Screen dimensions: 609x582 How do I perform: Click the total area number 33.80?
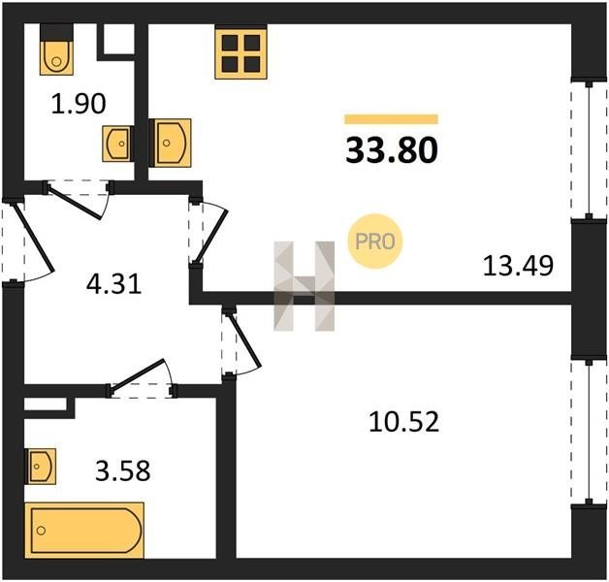point(392,150)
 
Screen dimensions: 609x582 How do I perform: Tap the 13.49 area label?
point(518,267)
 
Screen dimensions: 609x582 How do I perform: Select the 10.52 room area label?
point(404,422)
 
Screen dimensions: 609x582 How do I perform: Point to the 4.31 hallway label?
point(113,284)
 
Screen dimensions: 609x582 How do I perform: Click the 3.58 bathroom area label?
point(123,470)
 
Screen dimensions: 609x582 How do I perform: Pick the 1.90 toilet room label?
point(79,104)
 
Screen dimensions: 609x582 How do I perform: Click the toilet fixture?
point(56,49)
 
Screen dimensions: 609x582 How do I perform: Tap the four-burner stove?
point(241,51)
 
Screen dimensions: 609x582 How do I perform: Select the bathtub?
point(84,530)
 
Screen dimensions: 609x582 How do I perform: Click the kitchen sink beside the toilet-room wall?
point(170,143)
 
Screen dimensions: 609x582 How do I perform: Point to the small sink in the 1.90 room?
point(118,144)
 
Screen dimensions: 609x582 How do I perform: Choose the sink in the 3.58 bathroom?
point(40,467)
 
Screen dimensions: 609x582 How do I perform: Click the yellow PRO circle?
point(374,242)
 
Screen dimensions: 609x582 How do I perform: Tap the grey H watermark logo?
point(304,286)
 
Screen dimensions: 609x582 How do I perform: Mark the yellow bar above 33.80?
point(391,119)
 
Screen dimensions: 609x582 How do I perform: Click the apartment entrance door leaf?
point(33,238)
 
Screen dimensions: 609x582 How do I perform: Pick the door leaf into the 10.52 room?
point(244,340)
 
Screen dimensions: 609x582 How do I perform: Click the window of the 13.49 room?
point(589,149)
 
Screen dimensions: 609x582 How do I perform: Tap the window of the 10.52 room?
point(589,433)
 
